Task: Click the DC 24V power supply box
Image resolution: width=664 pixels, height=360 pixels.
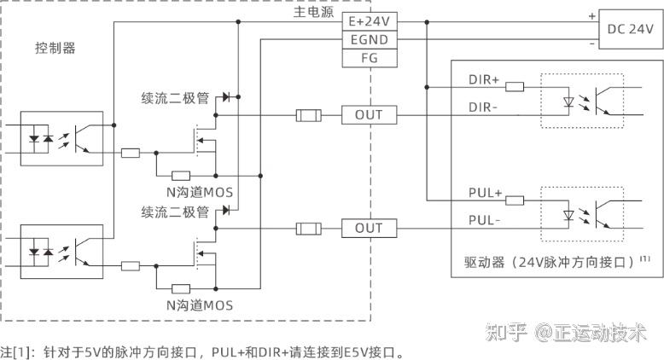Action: (x=630, y=29)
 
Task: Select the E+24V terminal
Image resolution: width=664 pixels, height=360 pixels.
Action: (x=369, y=20)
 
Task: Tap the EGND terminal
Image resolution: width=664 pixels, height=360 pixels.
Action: (x=369, y=39)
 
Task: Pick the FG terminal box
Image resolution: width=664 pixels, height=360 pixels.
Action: (x=369, y=58)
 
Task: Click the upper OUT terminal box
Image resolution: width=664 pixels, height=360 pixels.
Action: (x=369, y=114)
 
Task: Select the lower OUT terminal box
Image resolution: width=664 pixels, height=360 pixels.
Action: (x=369, y=228)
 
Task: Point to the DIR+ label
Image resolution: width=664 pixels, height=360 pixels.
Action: (x=484, y=79)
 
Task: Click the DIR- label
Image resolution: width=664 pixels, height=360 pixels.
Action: (x=483, y=107)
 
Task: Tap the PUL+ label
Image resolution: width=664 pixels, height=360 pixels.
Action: (x=486, y=194)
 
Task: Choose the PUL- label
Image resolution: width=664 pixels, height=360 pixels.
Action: (x=485, y=219)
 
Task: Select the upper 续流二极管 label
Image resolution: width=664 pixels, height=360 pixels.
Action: (x=175, y=98)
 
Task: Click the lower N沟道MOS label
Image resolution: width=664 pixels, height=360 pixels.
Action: (x=199, y=305)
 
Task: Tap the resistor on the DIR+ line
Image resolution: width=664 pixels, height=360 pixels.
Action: (x=515, y=86)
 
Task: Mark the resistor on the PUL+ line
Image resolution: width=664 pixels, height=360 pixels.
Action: (x=515, y=200)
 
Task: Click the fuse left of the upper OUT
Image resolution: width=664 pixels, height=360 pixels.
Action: (x=307, y=114)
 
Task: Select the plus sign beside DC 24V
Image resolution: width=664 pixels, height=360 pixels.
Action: (x=591, y=15)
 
